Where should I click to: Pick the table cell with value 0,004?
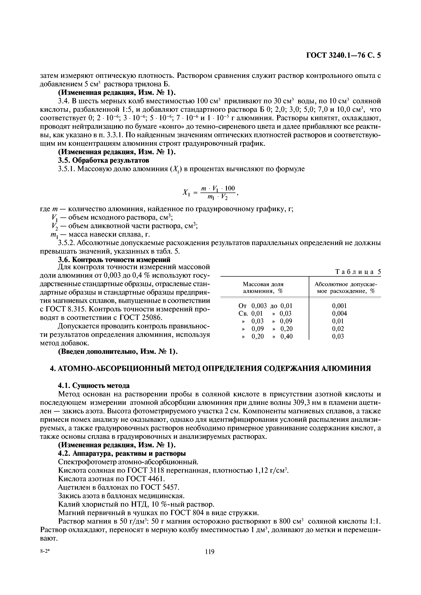coord(339,314)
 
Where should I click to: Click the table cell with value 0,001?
coord(339,306)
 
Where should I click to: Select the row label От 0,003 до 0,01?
coord(265,306)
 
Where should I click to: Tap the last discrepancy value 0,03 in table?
coord(338,336)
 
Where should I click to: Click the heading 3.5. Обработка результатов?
coord(103,161)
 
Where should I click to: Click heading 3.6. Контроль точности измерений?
coord(114,259)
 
